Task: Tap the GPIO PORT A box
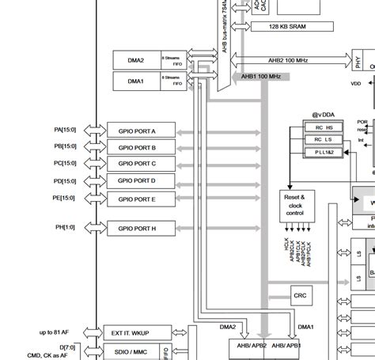(x=137, y=131)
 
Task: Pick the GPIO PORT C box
(x=137, y=164)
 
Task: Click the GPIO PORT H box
(x=137, y=229)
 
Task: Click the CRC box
(x=301, y=296)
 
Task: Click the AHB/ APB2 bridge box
(x=241, y=344)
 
